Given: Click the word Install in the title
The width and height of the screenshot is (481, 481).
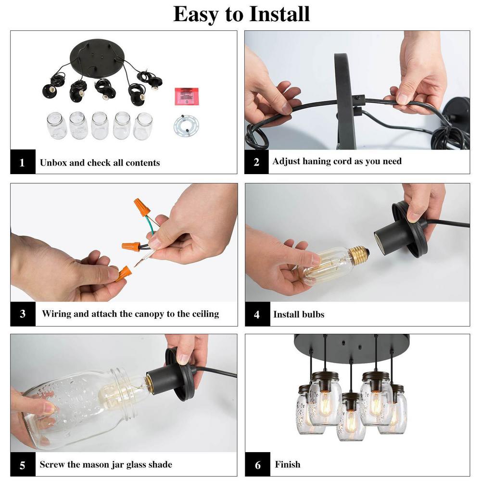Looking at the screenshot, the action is click(279, 14).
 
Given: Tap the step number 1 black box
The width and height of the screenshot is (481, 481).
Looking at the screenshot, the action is click(23, 162).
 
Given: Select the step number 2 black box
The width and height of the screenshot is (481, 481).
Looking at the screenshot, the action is click(256, 162).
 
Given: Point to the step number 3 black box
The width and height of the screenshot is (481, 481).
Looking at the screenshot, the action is click(23, 314).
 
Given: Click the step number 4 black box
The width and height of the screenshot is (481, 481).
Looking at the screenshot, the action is click(257, 314).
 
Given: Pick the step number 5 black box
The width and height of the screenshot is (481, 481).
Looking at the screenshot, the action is click(23, 464).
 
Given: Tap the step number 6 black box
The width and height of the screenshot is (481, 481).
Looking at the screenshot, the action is click(257, 464).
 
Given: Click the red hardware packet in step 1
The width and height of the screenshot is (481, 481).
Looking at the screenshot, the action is click(187, 96).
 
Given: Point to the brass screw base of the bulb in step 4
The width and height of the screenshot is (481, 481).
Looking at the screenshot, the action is click(359, 255).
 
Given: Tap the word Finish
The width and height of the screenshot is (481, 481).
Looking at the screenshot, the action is click(288, 464).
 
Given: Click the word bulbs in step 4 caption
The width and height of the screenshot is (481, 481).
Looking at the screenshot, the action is click(311, 314).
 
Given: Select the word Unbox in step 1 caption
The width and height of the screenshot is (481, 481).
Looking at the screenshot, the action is click(53, 162).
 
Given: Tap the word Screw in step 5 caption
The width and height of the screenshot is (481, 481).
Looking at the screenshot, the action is click(52, 464).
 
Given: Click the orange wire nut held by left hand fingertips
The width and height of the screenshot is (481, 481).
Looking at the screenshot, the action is click(124, 273).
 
